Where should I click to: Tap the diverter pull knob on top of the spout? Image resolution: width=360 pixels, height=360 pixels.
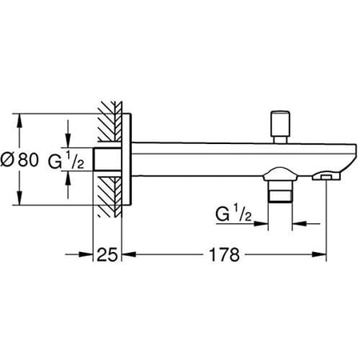point(281,125)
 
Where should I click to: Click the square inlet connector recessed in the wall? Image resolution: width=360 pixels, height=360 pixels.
point(106,160)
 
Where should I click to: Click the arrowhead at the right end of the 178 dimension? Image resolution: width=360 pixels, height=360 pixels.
point(322,256)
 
